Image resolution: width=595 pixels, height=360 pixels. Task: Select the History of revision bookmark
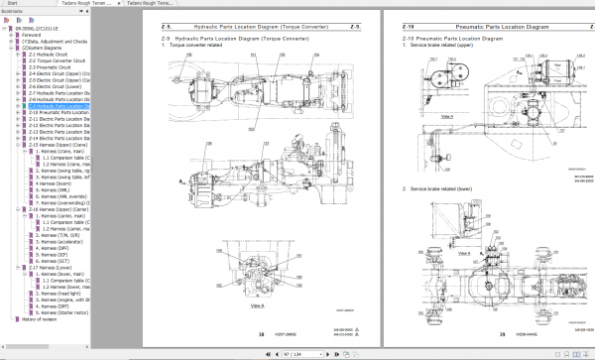[x=42, y=318]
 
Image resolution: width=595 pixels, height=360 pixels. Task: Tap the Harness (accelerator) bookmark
[x=64, y=241]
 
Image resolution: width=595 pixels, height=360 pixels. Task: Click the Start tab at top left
[x=11, y=4]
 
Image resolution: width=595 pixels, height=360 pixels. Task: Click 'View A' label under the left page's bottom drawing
[x=256, y=307]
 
